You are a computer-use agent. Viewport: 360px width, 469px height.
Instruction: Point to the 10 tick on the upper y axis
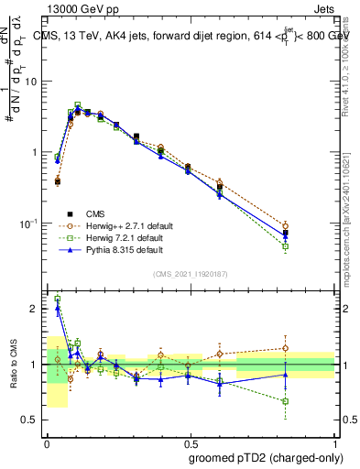pos(34,81)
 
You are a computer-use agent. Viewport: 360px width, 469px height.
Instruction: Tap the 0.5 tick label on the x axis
pos(191,442)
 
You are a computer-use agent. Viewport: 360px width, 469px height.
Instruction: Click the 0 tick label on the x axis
pos(47,442)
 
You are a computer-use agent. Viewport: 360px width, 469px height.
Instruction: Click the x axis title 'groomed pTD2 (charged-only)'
pos(262,457)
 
